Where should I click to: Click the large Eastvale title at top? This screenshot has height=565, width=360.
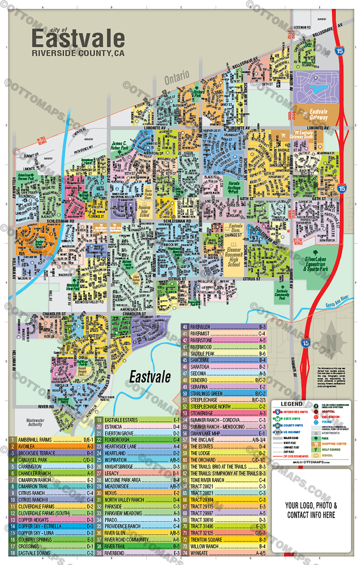pyautogui.click(x=78, y=38)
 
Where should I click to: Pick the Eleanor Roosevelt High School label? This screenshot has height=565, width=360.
pyautogui.click(x=233, y=257)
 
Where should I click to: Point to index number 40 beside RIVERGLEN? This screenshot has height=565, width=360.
pyautogui.click(x=185, y=327)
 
